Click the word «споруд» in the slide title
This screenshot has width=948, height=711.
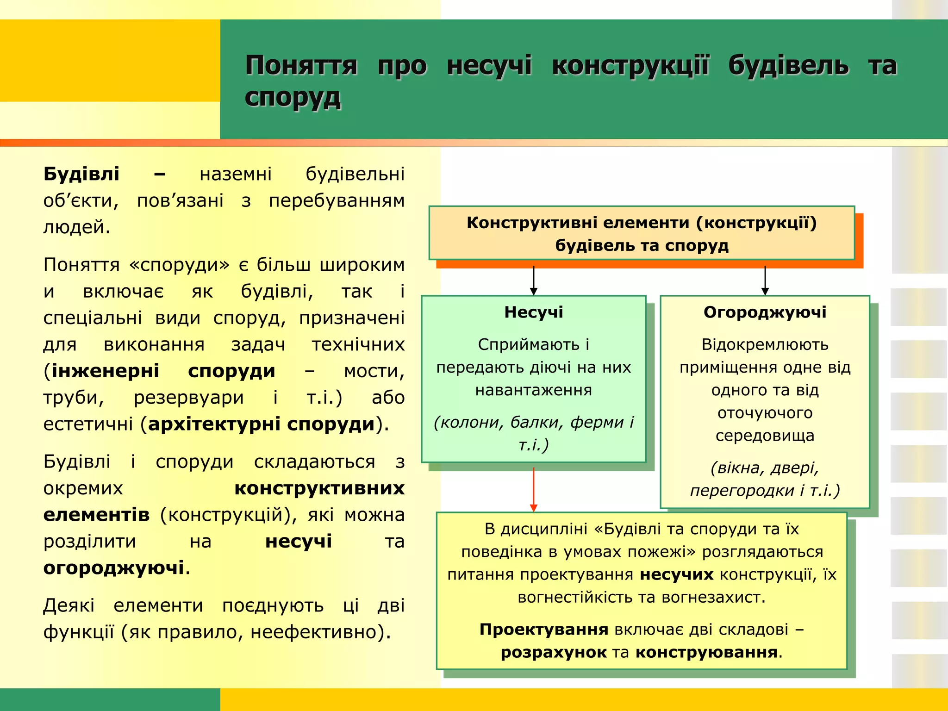click(x=293, y=98)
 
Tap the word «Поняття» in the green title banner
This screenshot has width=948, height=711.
click(x=301, y=66)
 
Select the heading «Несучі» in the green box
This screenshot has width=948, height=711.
click(x=534, y=312)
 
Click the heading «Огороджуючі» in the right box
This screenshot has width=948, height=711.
click(x=765, y=312)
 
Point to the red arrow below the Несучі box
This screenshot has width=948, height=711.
click(x=534, y=488)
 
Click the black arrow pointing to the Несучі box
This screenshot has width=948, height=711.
click(x=534, y=281)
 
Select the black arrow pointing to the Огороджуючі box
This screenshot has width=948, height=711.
click(x=765, y=281)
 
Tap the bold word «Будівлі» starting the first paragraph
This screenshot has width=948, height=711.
click(x=81, y=174)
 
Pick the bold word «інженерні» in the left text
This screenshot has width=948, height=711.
click(x=106, y=371)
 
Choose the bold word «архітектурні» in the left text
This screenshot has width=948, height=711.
click(x=214, y=424)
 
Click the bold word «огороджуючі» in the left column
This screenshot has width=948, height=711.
click(x=114, y=568)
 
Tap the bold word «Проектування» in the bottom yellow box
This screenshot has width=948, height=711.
click(x=544, y=630)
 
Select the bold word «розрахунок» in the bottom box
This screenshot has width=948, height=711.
click(x=554, y=652)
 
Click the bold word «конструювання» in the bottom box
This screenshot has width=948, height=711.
click(x=706, y=652)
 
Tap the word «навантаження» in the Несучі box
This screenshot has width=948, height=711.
click(x=534, y=390)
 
